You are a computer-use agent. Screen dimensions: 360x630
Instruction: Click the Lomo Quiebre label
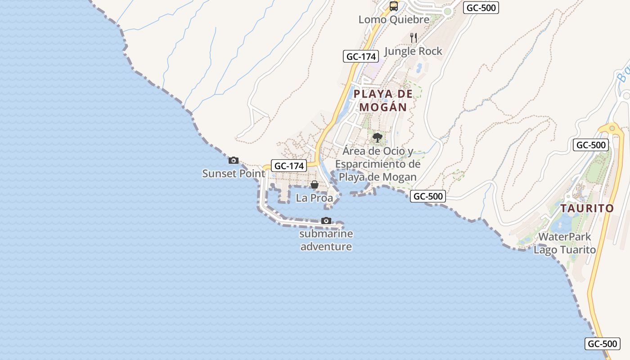(394, 20)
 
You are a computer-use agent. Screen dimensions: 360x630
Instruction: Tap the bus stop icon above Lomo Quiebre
(394, 6)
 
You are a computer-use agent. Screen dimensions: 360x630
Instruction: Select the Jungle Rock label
(413, 51)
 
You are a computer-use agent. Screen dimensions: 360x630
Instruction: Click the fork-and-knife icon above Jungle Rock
(414, 37)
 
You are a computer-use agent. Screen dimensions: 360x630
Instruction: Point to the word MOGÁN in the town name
(383, 108)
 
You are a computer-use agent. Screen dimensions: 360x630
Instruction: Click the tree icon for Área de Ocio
(378, 137)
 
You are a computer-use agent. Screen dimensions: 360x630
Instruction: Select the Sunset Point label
(234, 173)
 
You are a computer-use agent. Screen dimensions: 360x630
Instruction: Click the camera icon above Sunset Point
(234, 160)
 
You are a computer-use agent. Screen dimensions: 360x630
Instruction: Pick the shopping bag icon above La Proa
(315, 184)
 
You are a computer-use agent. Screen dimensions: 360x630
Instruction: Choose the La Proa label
(314, 198)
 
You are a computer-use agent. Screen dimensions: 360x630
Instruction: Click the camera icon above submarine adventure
(326, 220)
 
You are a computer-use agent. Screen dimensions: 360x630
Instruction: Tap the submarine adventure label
(326, 240)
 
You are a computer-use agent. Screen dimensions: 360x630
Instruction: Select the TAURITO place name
(587, 208)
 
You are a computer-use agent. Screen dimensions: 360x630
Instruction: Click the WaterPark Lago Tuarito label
(565, 243)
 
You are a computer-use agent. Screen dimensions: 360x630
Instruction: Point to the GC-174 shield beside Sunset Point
(289, 166)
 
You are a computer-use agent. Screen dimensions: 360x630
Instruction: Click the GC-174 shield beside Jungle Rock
(361, 56)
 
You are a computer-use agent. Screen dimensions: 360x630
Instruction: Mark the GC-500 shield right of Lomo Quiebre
(481, 8)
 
